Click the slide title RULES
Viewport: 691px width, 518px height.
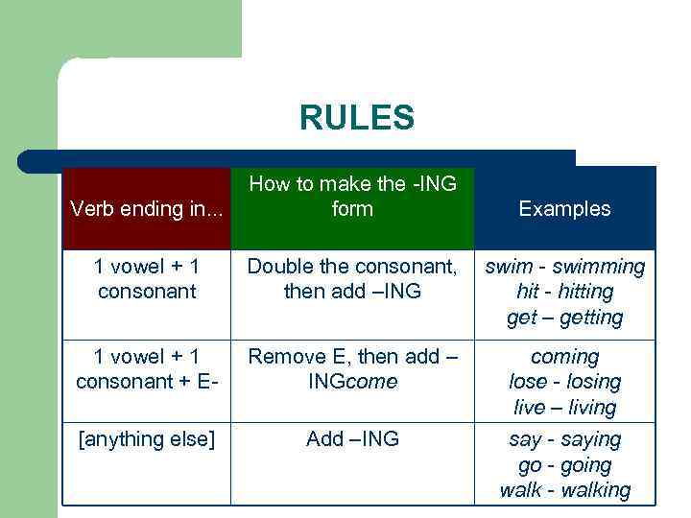(x=356, y=118)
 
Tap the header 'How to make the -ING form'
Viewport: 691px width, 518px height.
(x=352, y=196)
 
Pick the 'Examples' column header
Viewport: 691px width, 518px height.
(x=564, y=209)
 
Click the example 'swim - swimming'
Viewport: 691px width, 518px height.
(x=564, y=266)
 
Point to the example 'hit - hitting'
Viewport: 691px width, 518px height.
(x=564, y=292)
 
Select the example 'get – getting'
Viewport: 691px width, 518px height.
(x=564, y=318)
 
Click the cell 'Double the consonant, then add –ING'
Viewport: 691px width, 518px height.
(x=352, y=278)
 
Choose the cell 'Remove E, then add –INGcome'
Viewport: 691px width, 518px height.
(x=352, y=369)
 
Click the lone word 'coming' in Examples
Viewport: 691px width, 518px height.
(x=564, y=357)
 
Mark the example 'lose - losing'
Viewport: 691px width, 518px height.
(x=564, y=382)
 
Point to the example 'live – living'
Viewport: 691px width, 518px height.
(x=564, y=408)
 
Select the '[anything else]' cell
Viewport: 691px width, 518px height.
(x=147, y=439)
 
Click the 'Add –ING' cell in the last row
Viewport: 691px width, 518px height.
(x=352, y=439)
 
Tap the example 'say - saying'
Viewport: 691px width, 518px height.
(x=564, y=439)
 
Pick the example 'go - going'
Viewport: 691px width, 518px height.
(x=564, y=465)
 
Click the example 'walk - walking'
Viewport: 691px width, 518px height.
(x=564, y=491)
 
